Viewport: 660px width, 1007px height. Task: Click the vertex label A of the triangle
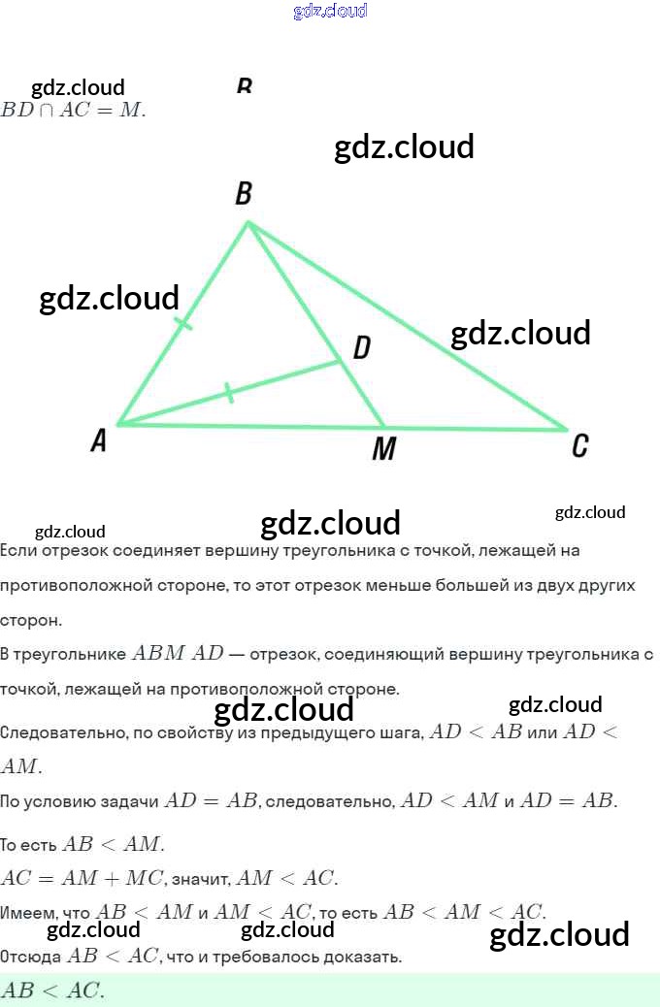pyautogui.click(x=98, y=441)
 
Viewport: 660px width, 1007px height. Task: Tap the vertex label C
pyautogui.click(x=579, y=446)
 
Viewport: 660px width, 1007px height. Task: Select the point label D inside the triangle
pyautogui.click(x=361, y=347)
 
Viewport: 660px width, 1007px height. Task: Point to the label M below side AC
pyautogui.click(x=384, y=449)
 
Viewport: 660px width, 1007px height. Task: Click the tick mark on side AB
pyautogui.click(x=183, y=323)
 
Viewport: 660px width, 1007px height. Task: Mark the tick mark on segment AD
pyautogui.click(x=228, y=393)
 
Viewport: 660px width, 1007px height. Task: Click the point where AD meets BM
pyautogui.click(x=341, y=362)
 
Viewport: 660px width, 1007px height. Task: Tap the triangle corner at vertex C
pyautogui.click(x=566, y=428)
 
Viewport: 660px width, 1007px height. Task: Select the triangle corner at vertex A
pyautogui.click(x=117, y=424)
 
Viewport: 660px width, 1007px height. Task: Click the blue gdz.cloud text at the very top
pyautogui.click(x=330, y=12)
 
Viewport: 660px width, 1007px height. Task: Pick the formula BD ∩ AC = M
pyautogui.click(x=73, y=110)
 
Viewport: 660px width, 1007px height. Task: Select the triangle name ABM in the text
pyautogui.click(x=159, y=654)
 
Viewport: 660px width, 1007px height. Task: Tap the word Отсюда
pyautogui.click(x=31, y=958)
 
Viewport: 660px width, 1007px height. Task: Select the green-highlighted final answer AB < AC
pyautogui.click(x=53, y=991)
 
